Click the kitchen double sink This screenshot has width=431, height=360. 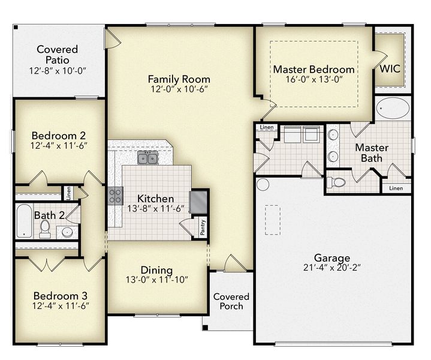[x=147, y=158]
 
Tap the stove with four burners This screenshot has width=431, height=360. [x=115, y=196]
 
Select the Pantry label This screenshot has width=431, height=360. [x=203, y=227]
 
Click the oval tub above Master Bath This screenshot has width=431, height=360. [x=393, y=108]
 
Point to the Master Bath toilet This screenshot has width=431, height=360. [x=336, y=182]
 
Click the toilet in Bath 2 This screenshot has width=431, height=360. [x=45, y=229]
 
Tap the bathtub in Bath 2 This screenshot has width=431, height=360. [x=24, y=221]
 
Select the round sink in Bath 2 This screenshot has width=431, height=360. [x=67, y=232]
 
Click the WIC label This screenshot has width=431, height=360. [x=390, y=69]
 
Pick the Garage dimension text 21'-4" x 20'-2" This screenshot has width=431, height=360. [x=332, y=268]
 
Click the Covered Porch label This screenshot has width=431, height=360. [x=231, y=301]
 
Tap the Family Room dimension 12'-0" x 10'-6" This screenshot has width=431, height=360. [x=179, y=89]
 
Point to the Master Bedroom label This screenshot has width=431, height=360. [x=314, y=70]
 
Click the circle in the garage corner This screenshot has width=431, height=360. [x=263, y=184]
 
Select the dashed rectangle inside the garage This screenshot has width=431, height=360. [x=273, y=220]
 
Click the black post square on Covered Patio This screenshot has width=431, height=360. [x=16, y=27]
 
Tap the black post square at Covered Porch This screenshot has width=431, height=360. [x=205, y=328]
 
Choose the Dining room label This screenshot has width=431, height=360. [x=156, y=270]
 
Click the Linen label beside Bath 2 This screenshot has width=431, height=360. [x=69, y=193]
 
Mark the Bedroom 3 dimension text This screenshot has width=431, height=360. [x=61, y=306]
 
